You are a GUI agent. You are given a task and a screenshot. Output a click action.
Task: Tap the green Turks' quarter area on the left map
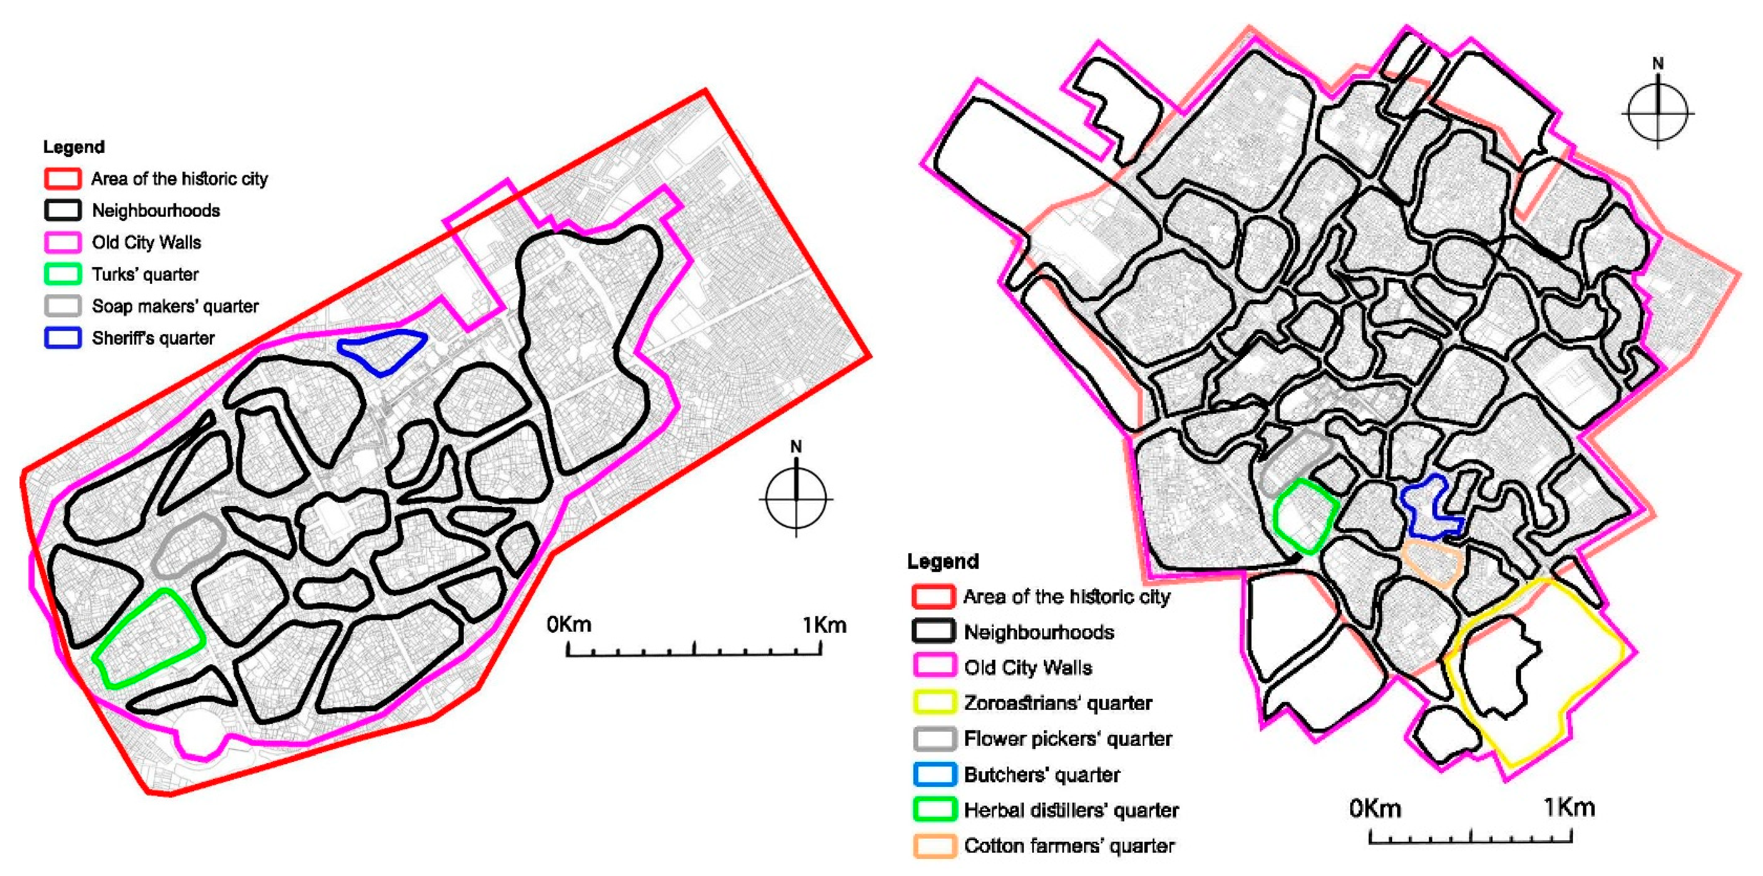point(149,637)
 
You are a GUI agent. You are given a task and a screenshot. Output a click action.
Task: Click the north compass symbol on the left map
point(796,497)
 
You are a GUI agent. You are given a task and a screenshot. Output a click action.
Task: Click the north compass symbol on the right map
point(1657,111)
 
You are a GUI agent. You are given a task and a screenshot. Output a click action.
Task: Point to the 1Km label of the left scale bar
point(824,625)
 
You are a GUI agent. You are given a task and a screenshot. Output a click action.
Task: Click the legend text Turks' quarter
point(145,274)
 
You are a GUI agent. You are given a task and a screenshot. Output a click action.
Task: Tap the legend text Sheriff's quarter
point(153,338)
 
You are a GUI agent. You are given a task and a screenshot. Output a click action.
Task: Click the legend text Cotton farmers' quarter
point(1069,846)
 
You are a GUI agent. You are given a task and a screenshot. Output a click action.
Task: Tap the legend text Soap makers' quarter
point(175,306)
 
